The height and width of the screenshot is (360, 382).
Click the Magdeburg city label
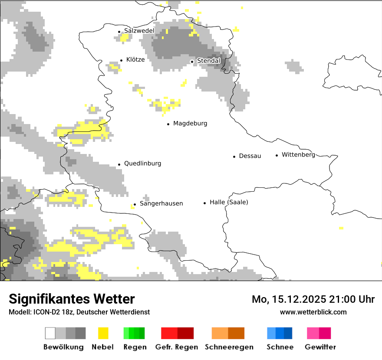click(190, 124)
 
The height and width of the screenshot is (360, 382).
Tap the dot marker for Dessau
click(234, 156)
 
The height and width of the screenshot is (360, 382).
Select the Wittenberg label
click(298, 155)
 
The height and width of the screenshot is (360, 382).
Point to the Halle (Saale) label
click(229, 203)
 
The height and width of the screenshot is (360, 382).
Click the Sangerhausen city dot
click(135, 204)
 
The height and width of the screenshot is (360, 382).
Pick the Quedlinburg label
click(142, 164)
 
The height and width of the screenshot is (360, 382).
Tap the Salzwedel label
click(139, 31)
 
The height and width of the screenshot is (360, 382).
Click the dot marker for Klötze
click(121, 61)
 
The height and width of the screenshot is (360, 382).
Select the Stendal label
click(209, 61)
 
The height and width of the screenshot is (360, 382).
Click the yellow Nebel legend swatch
click(103, 333)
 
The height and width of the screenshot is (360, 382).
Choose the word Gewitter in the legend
click(320, 347)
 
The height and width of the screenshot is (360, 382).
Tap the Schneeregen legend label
click(228, 347)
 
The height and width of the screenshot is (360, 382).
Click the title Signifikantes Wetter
click(72, 299)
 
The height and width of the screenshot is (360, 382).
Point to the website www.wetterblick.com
click(313, 312)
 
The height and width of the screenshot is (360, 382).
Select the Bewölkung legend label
click(63, 347)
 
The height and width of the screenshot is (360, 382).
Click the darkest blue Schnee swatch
click(288, 333)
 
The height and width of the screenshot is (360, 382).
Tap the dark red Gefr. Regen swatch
click(185, 333)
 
